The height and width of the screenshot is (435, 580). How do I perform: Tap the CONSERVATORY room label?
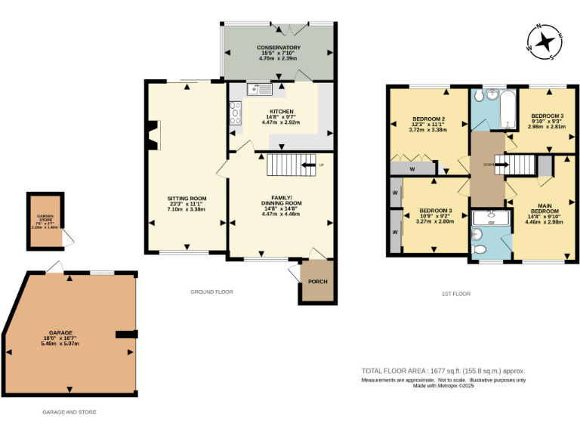(279, 48)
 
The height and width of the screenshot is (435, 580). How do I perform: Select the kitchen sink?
(259, 91)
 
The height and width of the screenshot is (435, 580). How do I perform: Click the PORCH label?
(317, 282)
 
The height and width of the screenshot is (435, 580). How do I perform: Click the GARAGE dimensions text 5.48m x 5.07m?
(69, 343)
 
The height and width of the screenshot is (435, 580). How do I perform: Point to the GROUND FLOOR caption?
(211, 292)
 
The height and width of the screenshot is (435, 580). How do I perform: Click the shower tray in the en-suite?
(489, 220)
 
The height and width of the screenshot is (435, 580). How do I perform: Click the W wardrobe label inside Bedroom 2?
(412, 169)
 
